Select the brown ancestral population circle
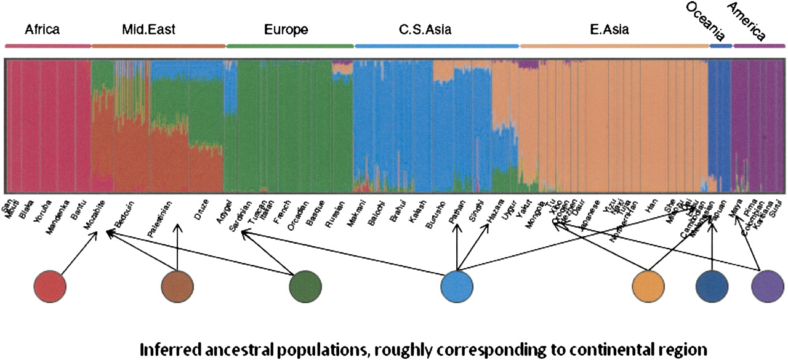pyautogui.click(x=177, y=287)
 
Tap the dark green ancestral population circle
pyautogui.click(x=306, y=287)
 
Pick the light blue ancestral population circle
pyautogui.click(x=457, y=287)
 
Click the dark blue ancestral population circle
pyautogui.click(x=712, y=287)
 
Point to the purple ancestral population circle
pyautogui.click(x=767, y=287)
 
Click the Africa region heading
pyautogui.click(x=42, y=29)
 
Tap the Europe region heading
pyautogui.click(x=286, y=29)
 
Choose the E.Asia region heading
pyautogui.click(x=608, y=29)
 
